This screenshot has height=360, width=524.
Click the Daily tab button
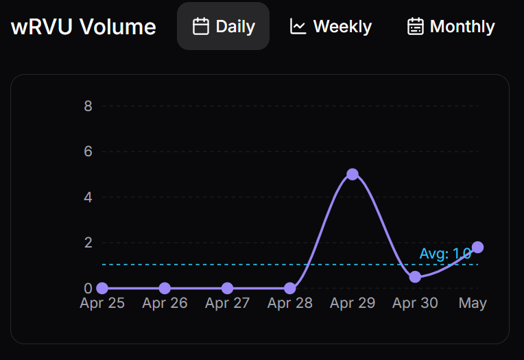coord(223,27)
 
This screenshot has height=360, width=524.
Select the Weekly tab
coord(331,27)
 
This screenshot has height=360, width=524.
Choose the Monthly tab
coord(451,27)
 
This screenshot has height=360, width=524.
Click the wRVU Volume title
coord(83,27)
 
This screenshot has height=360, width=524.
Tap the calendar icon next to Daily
coord(200,27)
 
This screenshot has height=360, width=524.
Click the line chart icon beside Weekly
coord(298,27)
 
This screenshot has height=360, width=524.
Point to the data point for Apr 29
coord(353,174)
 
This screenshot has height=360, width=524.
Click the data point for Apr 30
coord(415,277)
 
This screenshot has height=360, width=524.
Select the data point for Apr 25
coord(102,288)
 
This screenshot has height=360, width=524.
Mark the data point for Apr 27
coord(227,288)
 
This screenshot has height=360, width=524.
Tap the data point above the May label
coord(477,248)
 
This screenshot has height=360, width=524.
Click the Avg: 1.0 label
coord(445,254)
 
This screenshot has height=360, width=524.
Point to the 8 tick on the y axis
coord(88,106)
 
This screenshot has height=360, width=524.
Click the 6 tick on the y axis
coord(88,152)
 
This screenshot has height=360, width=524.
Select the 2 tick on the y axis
coord(88,243)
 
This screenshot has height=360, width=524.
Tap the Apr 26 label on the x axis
coord(165,303)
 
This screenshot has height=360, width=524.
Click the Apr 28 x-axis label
coord(289,303)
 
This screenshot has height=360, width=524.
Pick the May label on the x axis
coord(473,303)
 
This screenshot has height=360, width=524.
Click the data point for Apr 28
coord(290,288)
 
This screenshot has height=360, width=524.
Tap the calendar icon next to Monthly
coord(415,27)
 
